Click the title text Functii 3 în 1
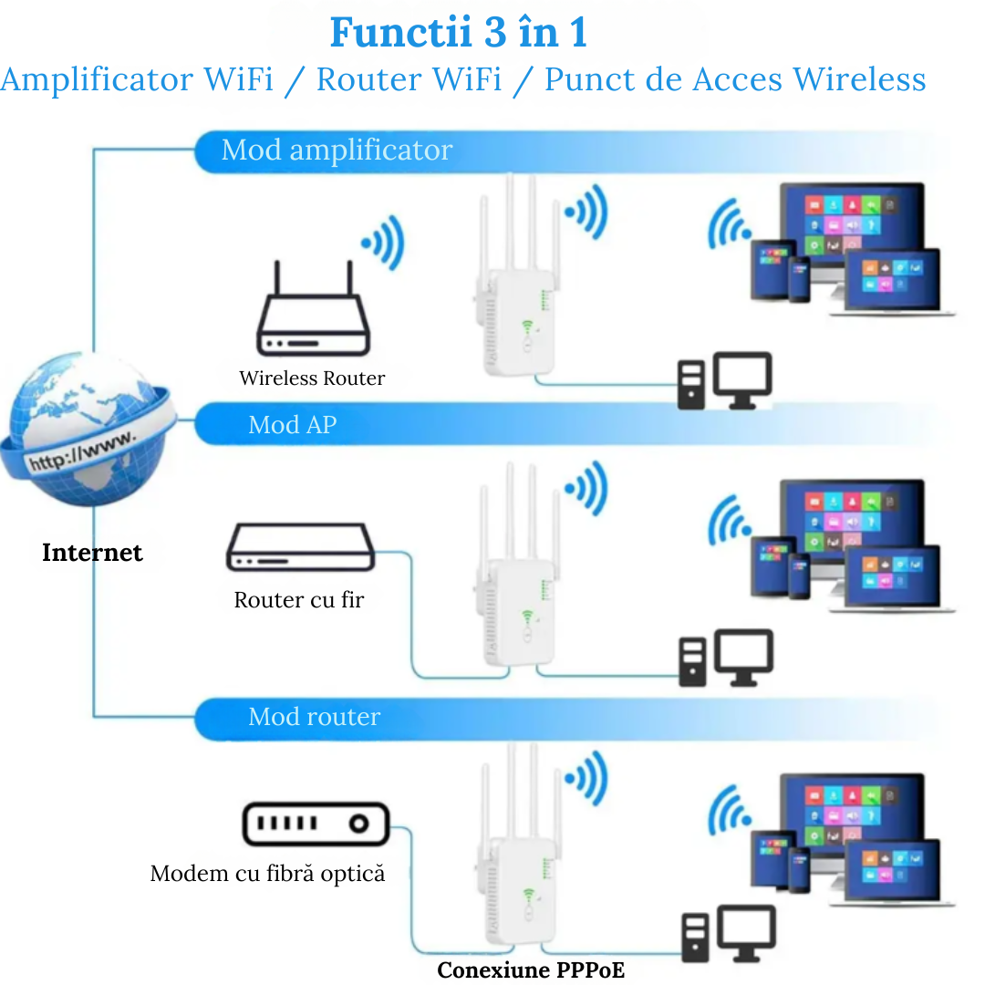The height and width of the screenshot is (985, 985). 458,34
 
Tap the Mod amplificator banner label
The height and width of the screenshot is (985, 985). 337,150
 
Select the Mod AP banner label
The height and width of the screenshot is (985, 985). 292,425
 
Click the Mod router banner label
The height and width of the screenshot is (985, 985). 314,717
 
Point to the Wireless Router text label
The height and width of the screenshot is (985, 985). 312,378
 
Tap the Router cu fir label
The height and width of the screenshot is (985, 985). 298,600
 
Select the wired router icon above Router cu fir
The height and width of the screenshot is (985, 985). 300,547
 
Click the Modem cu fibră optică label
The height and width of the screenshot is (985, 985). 267,874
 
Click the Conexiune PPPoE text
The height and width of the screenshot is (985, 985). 531,970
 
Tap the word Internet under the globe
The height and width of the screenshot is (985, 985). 92,553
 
